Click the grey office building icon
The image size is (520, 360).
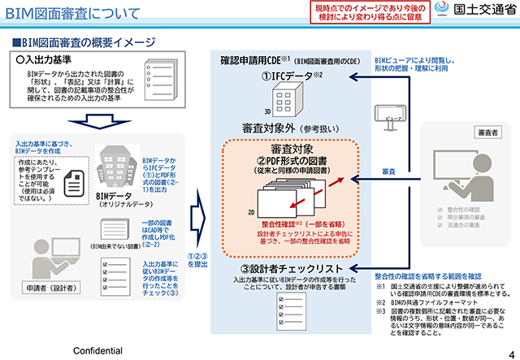[115, 167]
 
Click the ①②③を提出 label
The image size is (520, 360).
[197, 257]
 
